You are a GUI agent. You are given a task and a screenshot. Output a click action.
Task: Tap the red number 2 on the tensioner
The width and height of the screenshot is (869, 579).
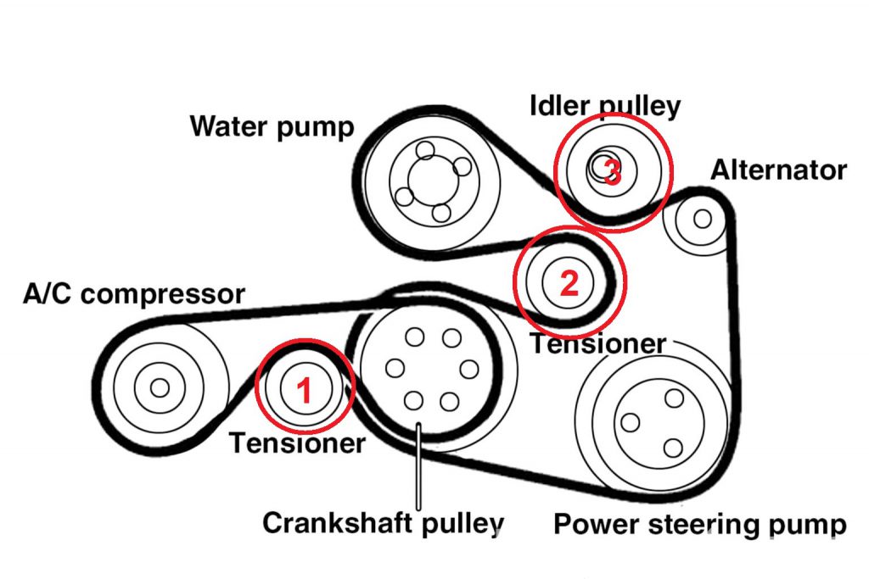[569, 281]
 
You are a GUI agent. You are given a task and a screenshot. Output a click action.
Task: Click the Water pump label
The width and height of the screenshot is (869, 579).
[272, 127]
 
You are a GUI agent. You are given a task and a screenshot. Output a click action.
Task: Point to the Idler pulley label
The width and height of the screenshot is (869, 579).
[604, 107]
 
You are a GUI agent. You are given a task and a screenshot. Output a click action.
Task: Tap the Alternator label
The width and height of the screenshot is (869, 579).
[778, 170]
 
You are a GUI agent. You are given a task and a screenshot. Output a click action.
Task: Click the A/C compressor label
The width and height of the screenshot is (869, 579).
[133, 295]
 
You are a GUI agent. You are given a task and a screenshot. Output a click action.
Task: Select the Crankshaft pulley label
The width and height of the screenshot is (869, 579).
[383, 522]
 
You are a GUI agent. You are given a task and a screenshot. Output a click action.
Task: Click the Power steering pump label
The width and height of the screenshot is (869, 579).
[699, 525]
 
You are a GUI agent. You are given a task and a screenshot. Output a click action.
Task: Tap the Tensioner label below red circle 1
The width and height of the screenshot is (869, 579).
[297, 443]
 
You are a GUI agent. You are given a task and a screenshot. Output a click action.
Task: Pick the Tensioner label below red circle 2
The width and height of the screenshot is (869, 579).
[597, 343]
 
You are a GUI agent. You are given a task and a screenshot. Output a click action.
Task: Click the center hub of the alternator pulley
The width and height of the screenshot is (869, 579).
[702, 218]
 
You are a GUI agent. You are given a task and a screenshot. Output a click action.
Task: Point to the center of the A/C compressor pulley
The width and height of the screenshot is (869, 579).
[159, 387]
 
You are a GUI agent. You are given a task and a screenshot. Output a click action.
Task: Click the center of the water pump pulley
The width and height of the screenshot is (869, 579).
[432, 180]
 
